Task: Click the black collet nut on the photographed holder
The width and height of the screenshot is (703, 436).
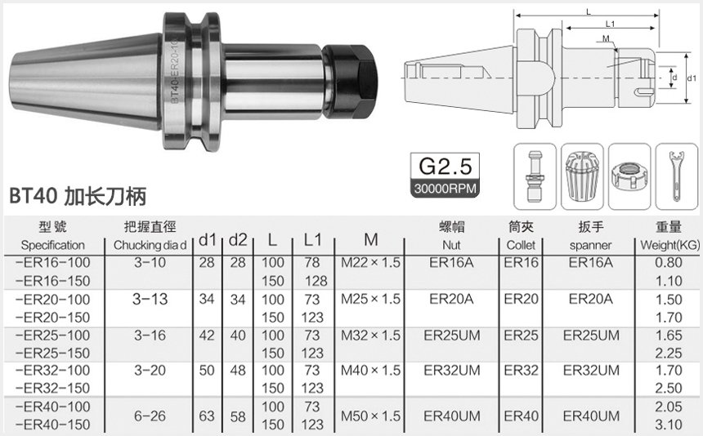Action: tap(350, 81)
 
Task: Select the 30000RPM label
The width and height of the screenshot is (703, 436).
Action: tap(445, 189)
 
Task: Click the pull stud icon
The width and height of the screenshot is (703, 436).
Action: tap(535, 176)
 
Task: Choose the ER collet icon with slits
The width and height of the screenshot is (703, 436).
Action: tap(582, 176)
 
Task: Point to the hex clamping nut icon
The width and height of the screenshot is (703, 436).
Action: tap(629, 176)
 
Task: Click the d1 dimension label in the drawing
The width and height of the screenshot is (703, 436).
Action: tap(692, 78)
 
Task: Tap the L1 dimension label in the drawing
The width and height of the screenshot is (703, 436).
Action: tap(610, 24)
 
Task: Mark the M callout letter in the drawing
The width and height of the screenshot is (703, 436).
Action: tap(607, 38)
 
